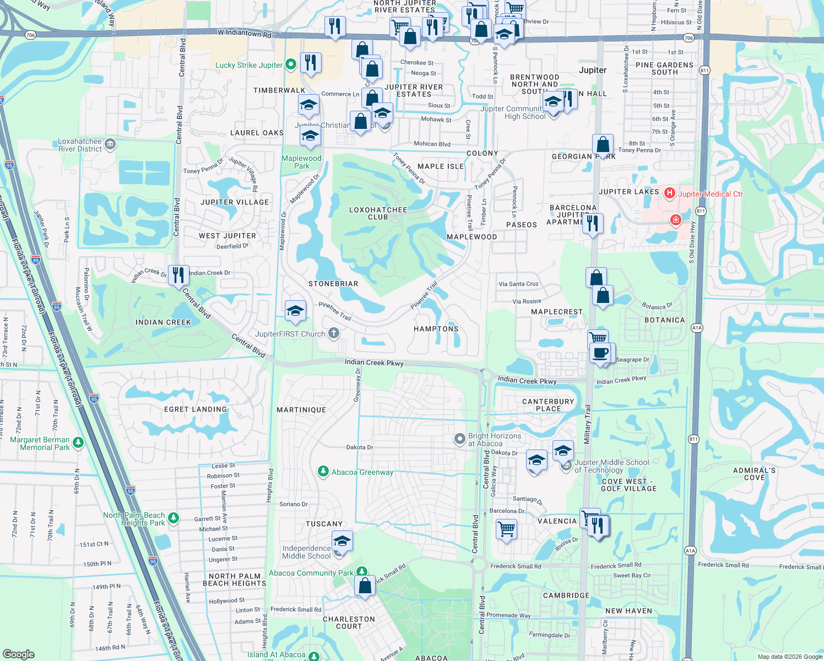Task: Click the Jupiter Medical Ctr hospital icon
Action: point(670,193)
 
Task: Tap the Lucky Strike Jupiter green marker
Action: point(291,64)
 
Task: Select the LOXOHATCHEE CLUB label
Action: point(378,213)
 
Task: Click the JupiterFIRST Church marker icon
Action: point(333,333)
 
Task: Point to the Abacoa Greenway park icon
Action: point(323,472)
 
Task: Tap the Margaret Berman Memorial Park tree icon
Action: point(78,442)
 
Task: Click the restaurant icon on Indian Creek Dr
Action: point(178,274)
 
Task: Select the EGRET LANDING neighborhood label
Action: point(196,409)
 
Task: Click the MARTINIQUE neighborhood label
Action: point(301,410)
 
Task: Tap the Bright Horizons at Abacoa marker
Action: point(459,439)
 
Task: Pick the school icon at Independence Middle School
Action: point(342,541)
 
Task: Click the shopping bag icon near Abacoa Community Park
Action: point(365,586)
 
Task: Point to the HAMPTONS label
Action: point(436,329)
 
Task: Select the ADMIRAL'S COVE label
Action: point(755,474)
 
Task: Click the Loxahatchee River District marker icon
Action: point(110,144)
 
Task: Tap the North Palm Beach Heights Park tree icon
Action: point(174,518)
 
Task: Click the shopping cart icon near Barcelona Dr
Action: point(506,530)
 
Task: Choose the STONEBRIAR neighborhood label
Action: point(333,284)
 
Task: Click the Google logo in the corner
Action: point(19,654)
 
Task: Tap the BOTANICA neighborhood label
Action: point(665,320)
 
